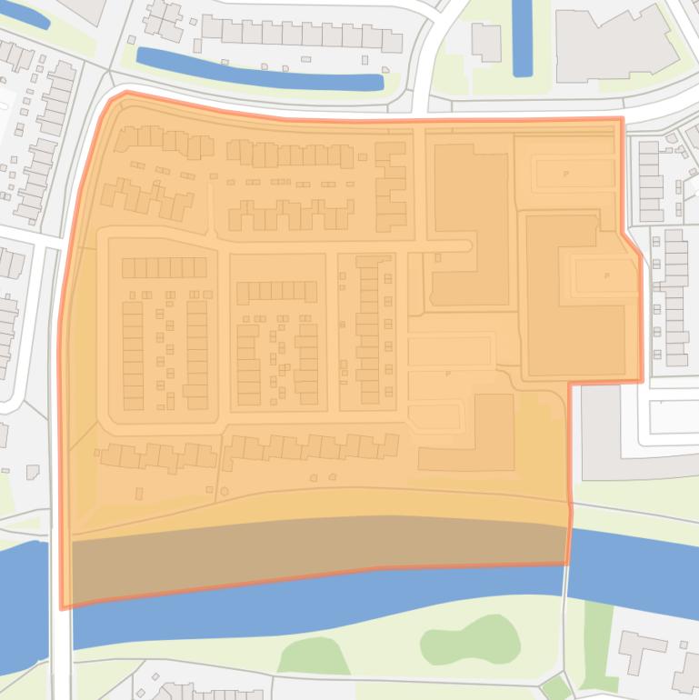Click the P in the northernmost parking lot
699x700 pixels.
(565, 173)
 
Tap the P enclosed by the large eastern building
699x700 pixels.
(606, 275)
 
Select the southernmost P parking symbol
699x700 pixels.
(448, 374)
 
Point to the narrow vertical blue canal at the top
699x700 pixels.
(522, 36)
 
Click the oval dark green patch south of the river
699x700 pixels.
(470, 638)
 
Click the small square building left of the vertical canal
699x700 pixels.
(486, 42)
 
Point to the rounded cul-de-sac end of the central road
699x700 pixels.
(466, 245)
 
